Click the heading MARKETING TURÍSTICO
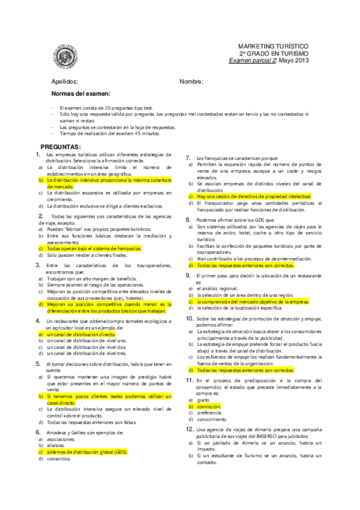click(x=273, y=46)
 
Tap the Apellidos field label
click(x=65, y=81)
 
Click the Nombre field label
click(x=191, y=81)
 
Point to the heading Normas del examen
click(x=81, y=94)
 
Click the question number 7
click(x=188, y=156)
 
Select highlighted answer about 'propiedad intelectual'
click(x=254, y=196)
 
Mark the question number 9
click(x=188, y=275)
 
